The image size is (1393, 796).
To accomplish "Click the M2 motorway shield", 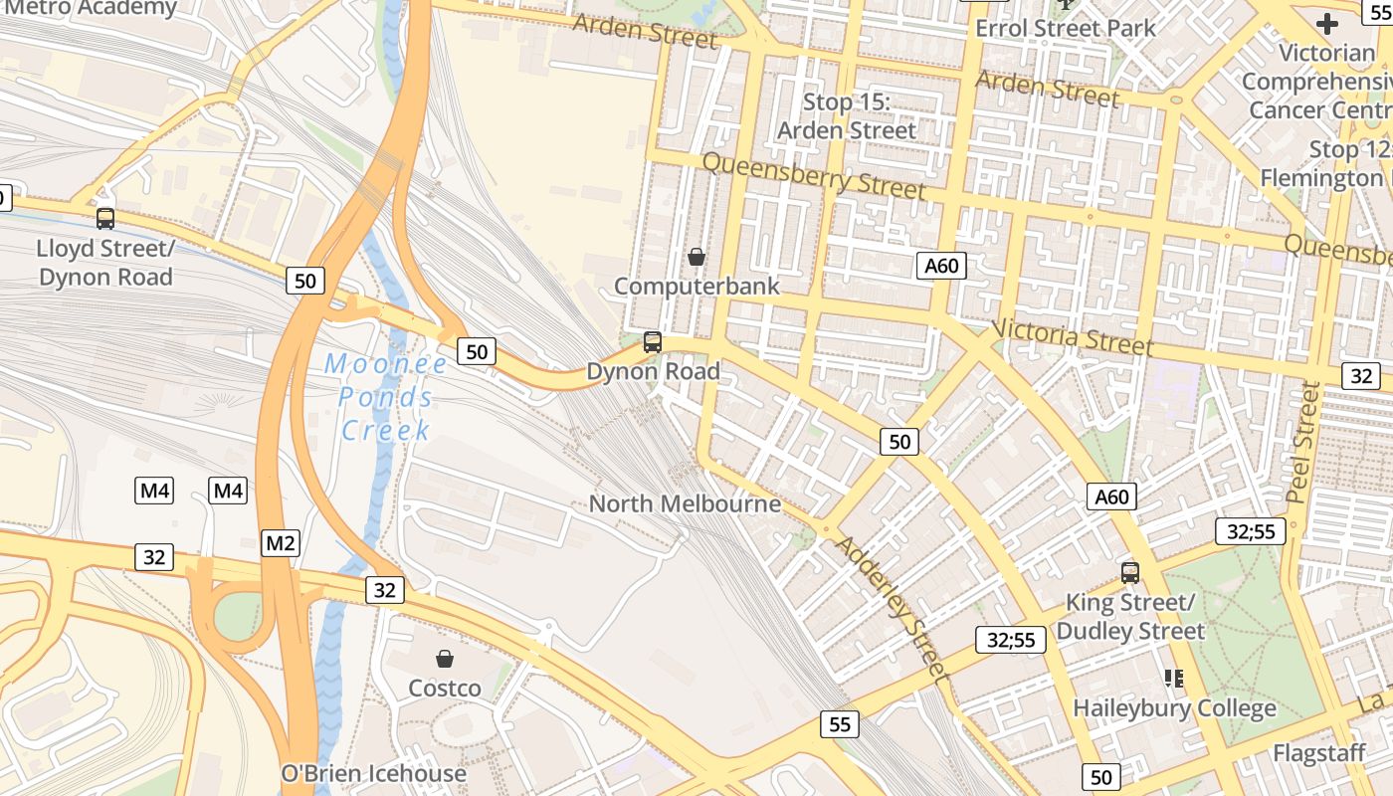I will (281, 542).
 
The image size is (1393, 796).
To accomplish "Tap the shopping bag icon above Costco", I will (445, 659).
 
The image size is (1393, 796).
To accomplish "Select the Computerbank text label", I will (696, 287).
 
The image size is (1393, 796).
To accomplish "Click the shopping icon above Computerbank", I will (696, 257).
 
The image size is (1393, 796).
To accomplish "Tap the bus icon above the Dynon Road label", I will (653, 342).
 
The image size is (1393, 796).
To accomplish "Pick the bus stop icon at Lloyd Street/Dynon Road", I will (105, 218).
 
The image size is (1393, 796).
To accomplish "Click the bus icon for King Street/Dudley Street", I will (1129, 572).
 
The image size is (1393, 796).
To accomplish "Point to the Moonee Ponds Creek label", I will (386, 397).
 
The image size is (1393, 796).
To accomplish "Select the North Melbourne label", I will (685, 503).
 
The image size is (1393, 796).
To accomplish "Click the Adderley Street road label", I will (890, 607).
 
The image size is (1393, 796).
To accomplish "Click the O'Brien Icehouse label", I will (373, 773).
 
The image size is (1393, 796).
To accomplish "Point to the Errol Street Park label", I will (1066, 28).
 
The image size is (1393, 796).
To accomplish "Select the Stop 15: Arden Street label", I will (846, 116).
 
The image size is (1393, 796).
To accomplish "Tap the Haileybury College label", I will (1174, 708).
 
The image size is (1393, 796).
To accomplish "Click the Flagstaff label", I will (1318, 753).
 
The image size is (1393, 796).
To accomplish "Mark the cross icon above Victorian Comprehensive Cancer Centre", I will (1327, 23).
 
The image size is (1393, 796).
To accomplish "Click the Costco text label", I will (445, 689).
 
